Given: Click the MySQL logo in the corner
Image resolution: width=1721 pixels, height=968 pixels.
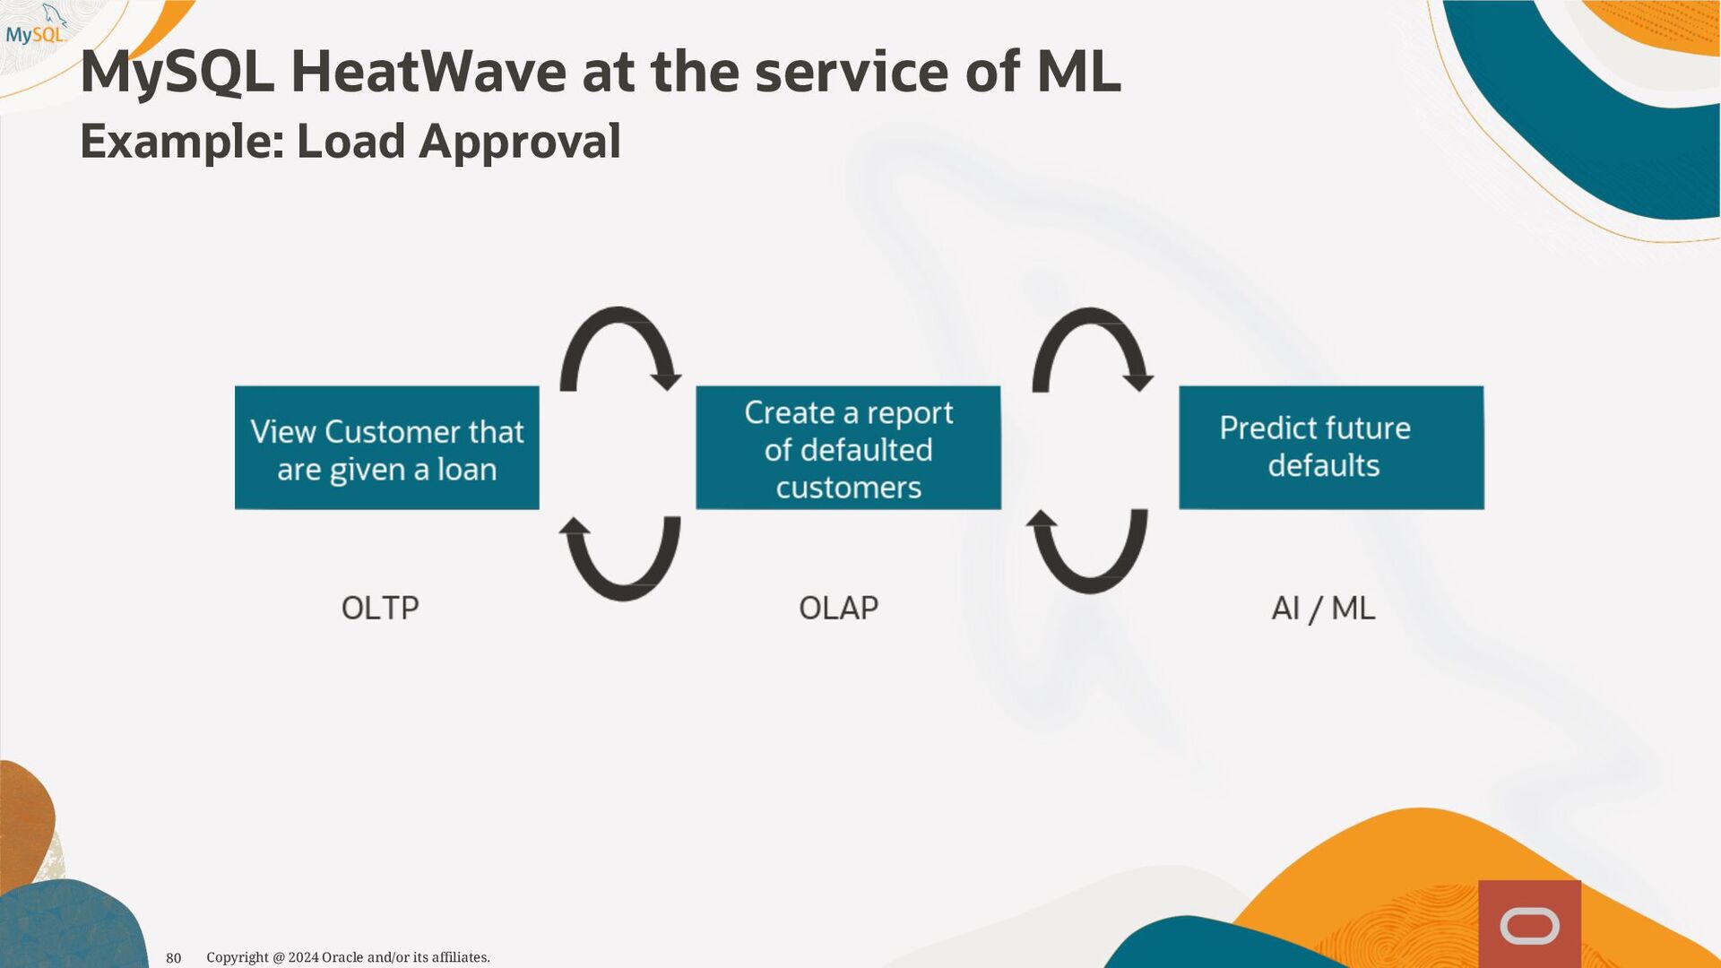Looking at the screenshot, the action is pyautogui.click(x=36, y=25).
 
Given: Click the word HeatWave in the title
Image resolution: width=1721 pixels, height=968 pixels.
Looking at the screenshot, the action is pyautogui.click(x=428, y=72).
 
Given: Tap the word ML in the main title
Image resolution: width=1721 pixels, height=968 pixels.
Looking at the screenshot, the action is pyautogui.click(x=1078, y=72).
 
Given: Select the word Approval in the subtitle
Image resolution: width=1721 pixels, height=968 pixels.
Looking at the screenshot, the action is pyautogui.click(x=520, y=143).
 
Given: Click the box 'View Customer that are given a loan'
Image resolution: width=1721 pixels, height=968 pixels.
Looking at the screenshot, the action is pyautogui.click(x=387, y=448).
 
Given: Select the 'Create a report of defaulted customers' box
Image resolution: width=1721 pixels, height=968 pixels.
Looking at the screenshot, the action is pyautogui.click(x=848, y=448).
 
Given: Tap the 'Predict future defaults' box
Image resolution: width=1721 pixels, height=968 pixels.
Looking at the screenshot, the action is pyautogui.click(x=1331, y=448).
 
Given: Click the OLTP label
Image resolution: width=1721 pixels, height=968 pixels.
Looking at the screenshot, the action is pyautogui.click(x=380, y=609).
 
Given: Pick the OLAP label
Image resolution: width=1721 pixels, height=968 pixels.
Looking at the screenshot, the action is pyautogui.click(x=838, y=609).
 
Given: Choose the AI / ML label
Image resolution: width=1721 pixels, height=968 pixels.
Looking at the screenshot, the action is pyautogui.click(x=1323, y=609).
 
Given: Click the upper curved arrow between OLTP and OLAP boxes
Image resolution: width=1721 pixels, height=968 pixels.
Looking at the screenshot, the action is pyautogui.click(x=618, y=313).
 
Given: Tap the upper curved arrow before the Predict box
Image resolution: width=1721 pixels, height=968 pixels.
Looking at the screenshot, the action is pyautogui.click(x=1090, y=314).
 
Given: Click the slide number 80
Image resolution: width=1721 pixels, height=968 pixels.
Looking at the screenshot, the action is pyautogui.click(x=174, y=958).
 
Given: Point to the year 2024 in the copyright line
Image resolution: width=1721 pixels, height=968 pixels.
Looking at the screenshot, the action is pyautogui.click(x=303, y=957).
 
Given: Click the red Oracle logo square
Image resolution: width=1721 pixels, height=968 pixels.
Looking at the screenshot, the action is pyautogui.click(x=1529, y=924).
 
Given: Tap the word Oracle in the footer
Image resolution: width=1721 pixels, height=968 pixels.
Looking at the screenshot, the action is pyautogui.click(x=342, y=957).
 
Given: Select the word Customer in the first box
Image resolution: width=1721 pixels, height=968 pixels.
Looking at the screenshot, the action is pyautogui.click(x=393, y=432).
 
